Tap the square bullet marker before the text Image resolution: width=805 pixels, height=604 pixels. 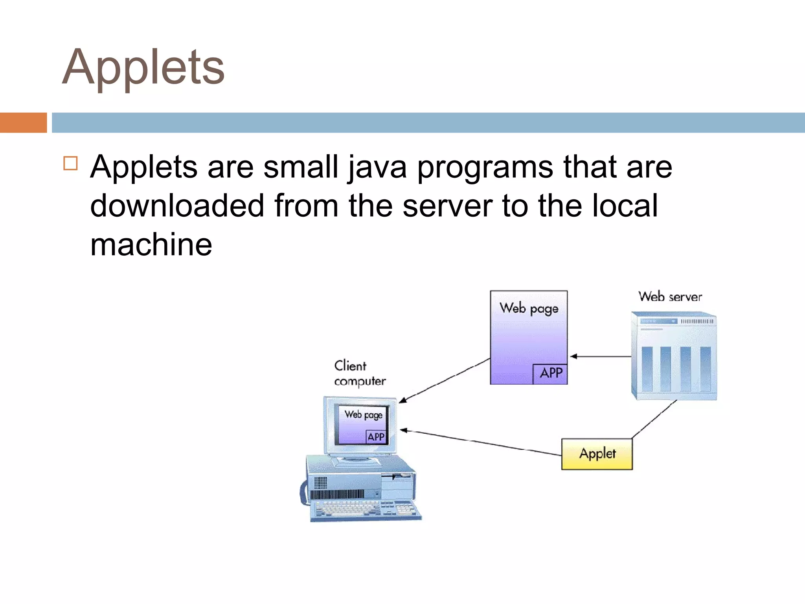[70, 163]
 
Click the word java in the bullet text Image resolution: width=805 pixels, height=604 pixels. [377, 167]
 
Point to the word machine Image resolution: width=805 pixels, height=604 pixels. [151, 245]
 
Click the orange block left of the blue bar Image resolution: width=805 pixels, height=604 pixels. [23, 123]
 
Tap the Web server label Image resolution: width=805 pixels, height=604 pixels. [670, 296]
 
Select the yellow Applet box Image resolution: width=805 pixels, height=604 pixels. [597, 454]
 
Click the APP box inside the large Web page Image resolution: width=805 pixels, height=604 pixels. [550, 373]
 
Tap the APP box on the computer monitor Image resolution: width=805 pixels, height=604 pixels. [376, 437]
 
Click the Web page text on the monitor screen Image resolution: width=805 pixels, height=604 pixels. [363, 414]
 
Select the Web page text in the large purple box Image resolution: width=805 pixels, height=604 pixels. [529, 308]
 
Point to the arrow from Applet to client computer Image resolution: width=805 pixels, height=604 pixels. [480, 442]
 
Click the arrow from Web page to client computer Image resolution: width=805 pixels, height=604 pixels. [444, 380]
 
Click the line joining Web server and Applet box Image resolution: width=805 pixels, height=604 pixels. [654, 419]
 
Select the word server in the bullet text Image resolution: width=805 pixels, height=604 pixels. [447, 206]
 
